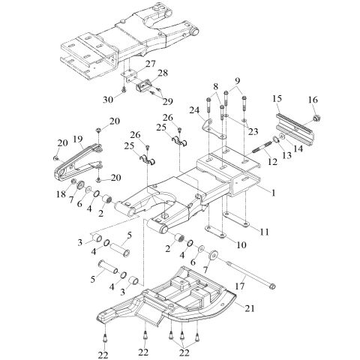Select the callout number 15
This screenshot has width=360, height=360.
point(277,98)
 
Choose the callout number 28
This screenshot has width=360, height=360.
point(163,73)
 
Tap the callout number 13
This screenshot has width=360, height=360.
point(286,154)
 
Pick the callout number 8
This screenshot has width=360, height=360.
point(217,86)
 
